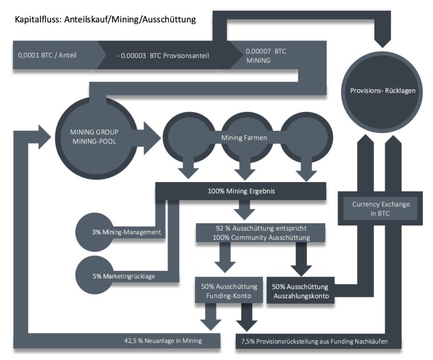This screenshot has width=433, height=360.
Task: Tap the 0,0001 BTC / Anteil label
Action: tap(47, 55)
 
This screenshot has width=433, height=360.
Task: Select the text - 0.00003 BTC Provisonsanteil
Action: tap(163, 55)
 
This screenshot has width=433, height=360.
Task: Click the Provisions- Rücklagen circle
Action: tap(383, 90)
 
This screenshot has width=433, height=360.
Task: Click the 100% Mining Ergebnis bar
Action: tap(241, 191)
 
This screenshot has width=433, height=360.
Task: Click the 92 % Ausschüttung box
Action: tap(260, 232)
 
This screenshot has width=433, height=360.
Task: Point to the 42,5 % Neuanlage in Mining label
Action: tap(163, 341)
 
